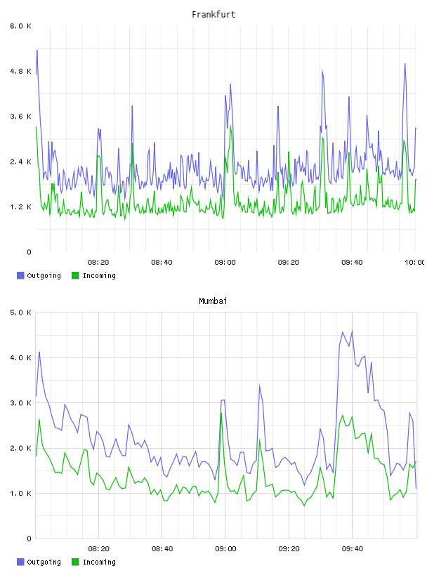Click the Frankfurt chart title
(x=213, y=15)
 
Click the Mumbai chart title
(x=213, y=301)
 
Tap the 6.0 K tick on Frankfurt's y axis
(x=21, y=26)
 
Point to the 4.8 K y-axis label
(x=21, y=71)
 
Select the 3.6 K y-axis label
(x=21, y=117)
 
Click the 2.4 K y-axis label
(x=21, y=162)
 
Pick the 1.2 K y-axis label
(x=21, y=207)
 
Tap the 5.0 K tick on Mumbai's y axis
(x=21, y=312)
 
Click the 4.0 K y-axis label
(x=21, y=357)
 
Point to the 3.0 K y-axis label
(x=21, y=403)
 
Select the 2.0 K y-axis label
(x=21, y=449)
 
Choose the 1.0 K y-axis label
(x=21, y=494)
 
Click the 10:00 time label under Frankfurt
(x=415, y=263)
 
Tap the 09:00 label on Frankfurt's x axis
(x=225, y=263)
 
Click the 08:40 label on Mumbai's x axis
(x=162, y=549)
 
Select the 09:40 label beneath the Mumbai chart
(x=353, y=549)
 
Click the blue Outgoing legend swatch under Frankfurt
(x=20, y=275)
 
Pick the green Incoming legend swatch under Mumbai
(x=75, y=562)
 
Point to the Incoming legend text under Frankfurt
(x=99, y=276)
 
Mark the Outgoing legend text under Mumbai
(x=44, y=562)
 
